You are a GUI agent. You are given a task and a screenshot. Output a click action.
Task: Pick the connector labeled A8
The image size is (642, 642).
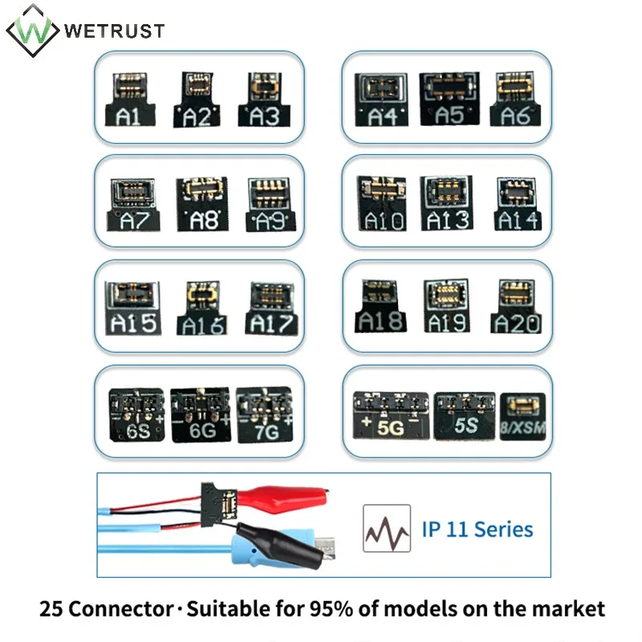pyautogui.click(x=203, y=202)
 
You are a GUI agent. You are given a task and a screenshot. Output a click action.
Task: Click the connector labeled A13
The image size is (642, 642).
pyautogui.click(x=449, y=202)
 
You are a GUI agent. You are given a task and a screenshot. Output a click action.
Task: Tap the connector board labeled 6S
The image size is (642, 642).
pyautogui.click(x=136, y=415)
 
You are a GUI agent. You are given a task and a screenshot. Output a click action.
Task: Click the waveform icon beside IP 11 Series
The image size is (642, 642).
pyautogui.click(x=386, y=529)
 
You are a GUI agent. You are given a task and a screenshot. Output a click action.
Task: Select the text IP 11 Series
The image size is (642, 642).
pyautogui.click(x=477, y=529)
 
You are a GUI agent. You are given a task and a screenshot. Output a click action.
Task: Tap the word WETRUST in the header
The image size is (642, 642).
pyautogui.click(x=114, y=31)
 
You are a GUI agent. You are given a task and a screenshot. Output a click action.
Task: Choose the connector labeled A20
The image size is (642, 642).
pyautogui.click(x=516, y=307)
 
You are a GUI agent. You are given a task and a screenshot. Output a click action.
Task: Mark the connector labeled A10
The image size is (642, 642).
pyautogui.click(x=384, y=202)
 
